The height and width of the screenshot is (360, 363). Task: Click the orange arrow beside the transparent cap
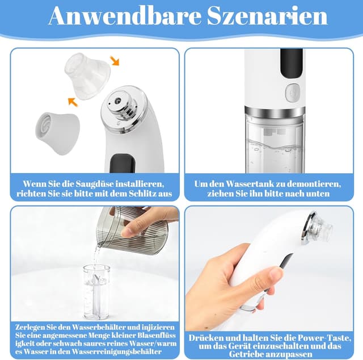(115, 60)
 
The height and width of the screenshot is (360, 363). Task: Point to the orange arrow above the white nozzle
(72, 102)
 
